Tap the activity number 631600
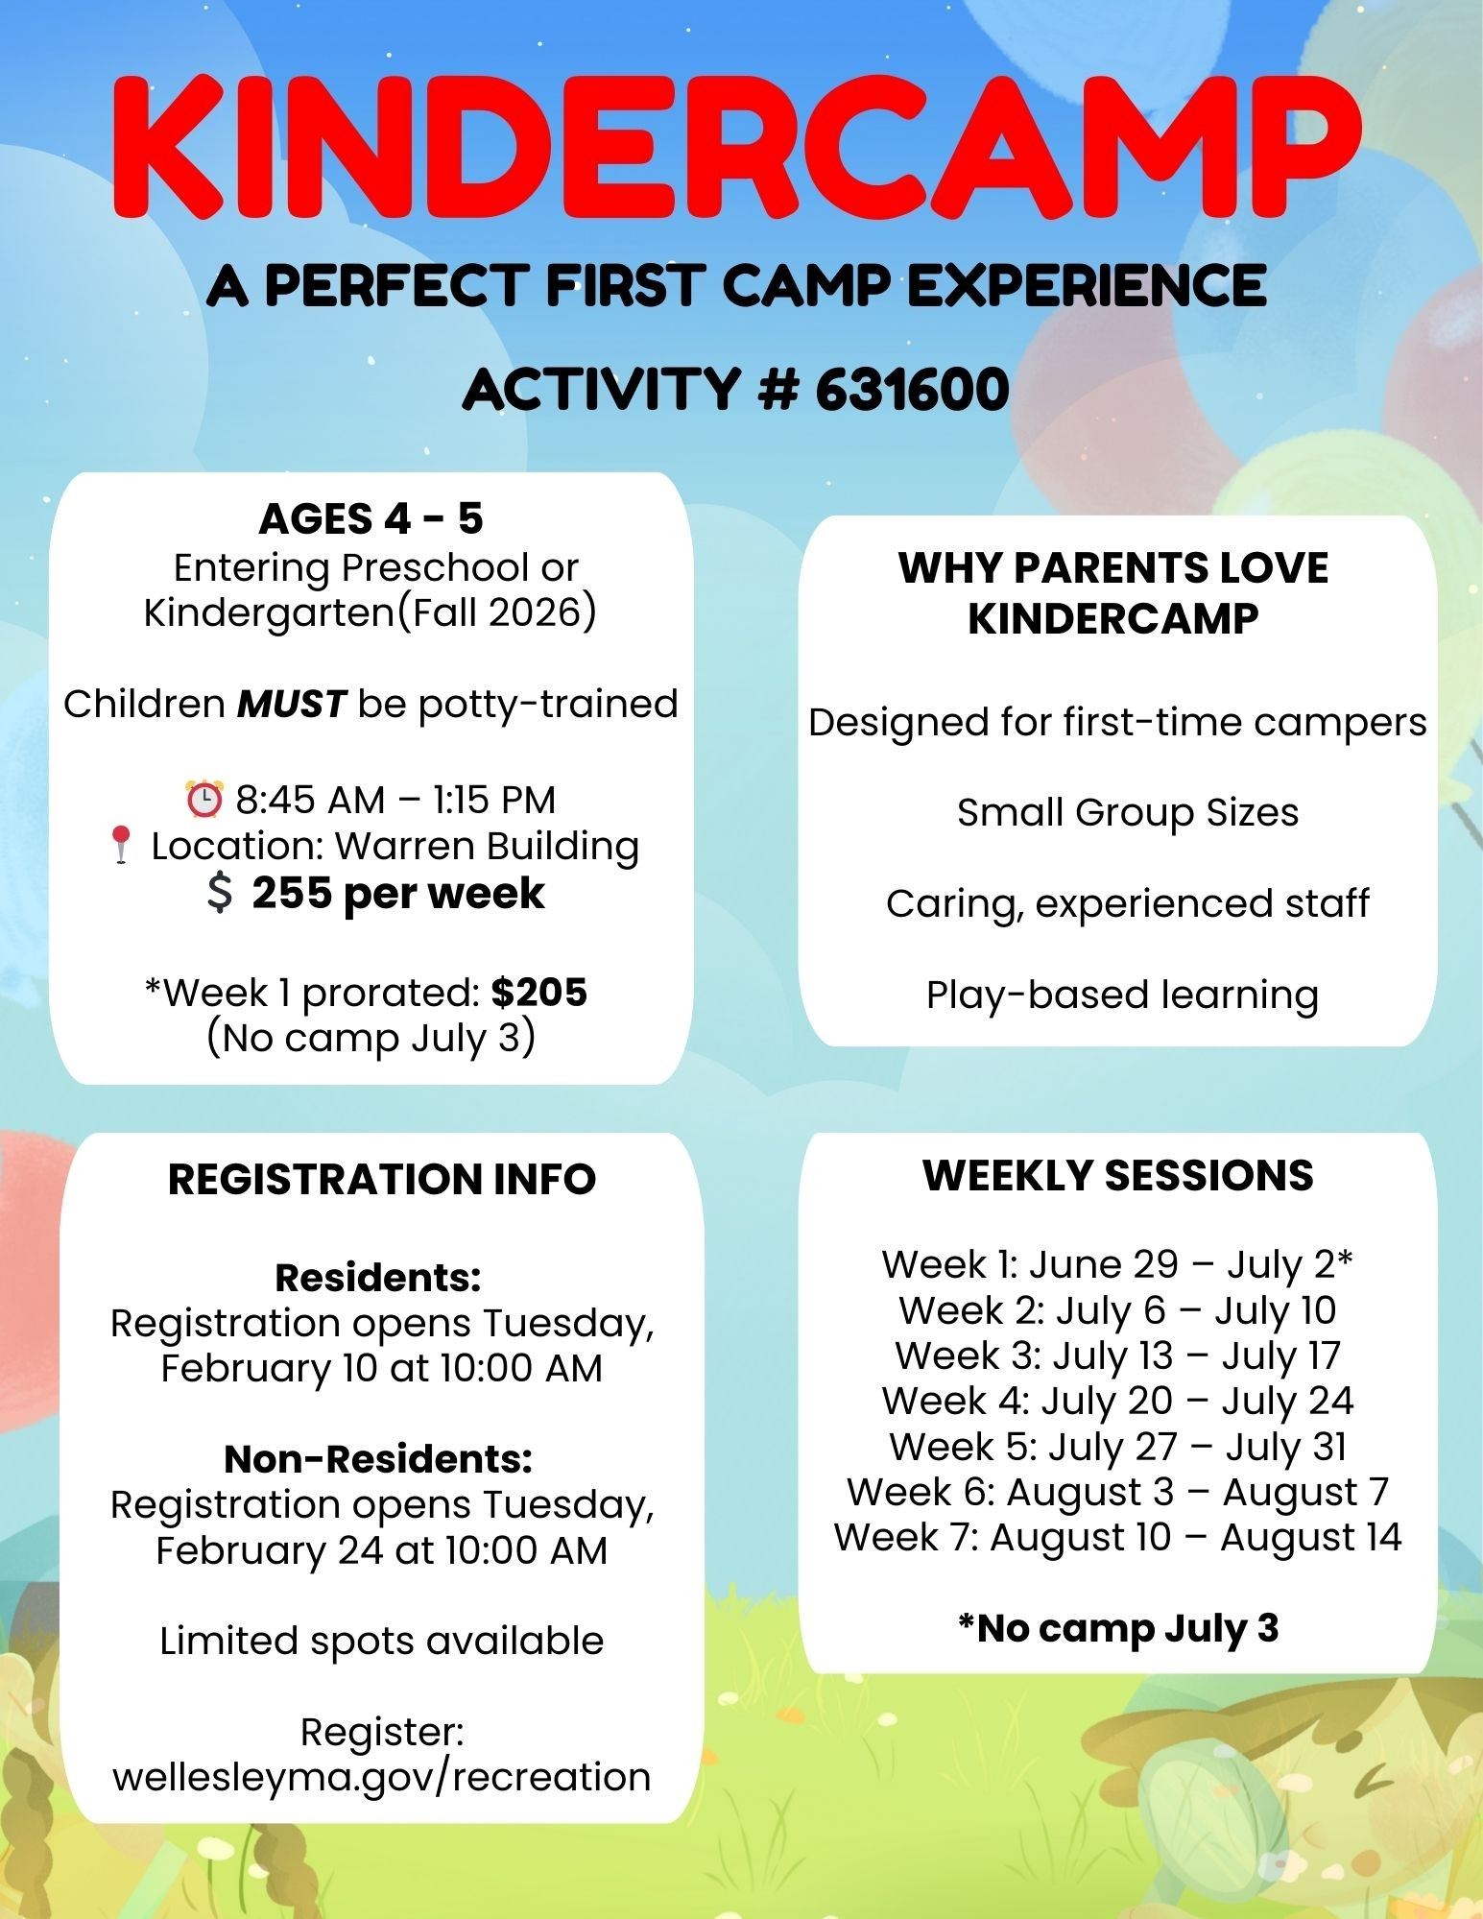click(x=912, y=390)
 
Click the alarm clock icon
click(x=203, y=801)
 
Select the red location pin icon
click(x=121, y=847)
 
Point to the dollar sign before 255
click(x=220, y=894)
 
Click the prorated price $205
click(x=538, y=993)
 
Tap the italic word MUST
click(x=291, y=705)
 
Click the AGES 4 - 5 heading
click(x=371, y=519)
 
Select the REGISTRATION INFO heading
click(x=381, y=1179)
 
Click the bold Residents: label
click(x=377, y=1278)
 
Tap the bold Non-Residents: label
click(x=378, y=1459)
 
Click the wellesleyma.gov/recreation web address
click(x=381, y=1777)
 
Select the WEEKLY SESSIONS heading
click(x=1117, y=1176)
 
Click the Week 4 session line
click(x=1117, y=1401)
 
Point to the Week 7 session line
click(x=1117, y=1537)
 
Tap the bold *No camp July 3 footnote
click(x=1117, y=1628)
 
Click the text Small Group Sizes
click(x=1127, y=813)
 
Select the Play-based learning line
click(x=1121, y=995)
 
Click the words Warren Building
click(x=487, y=847)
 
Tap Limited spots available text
click(x=381, y=1641)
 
